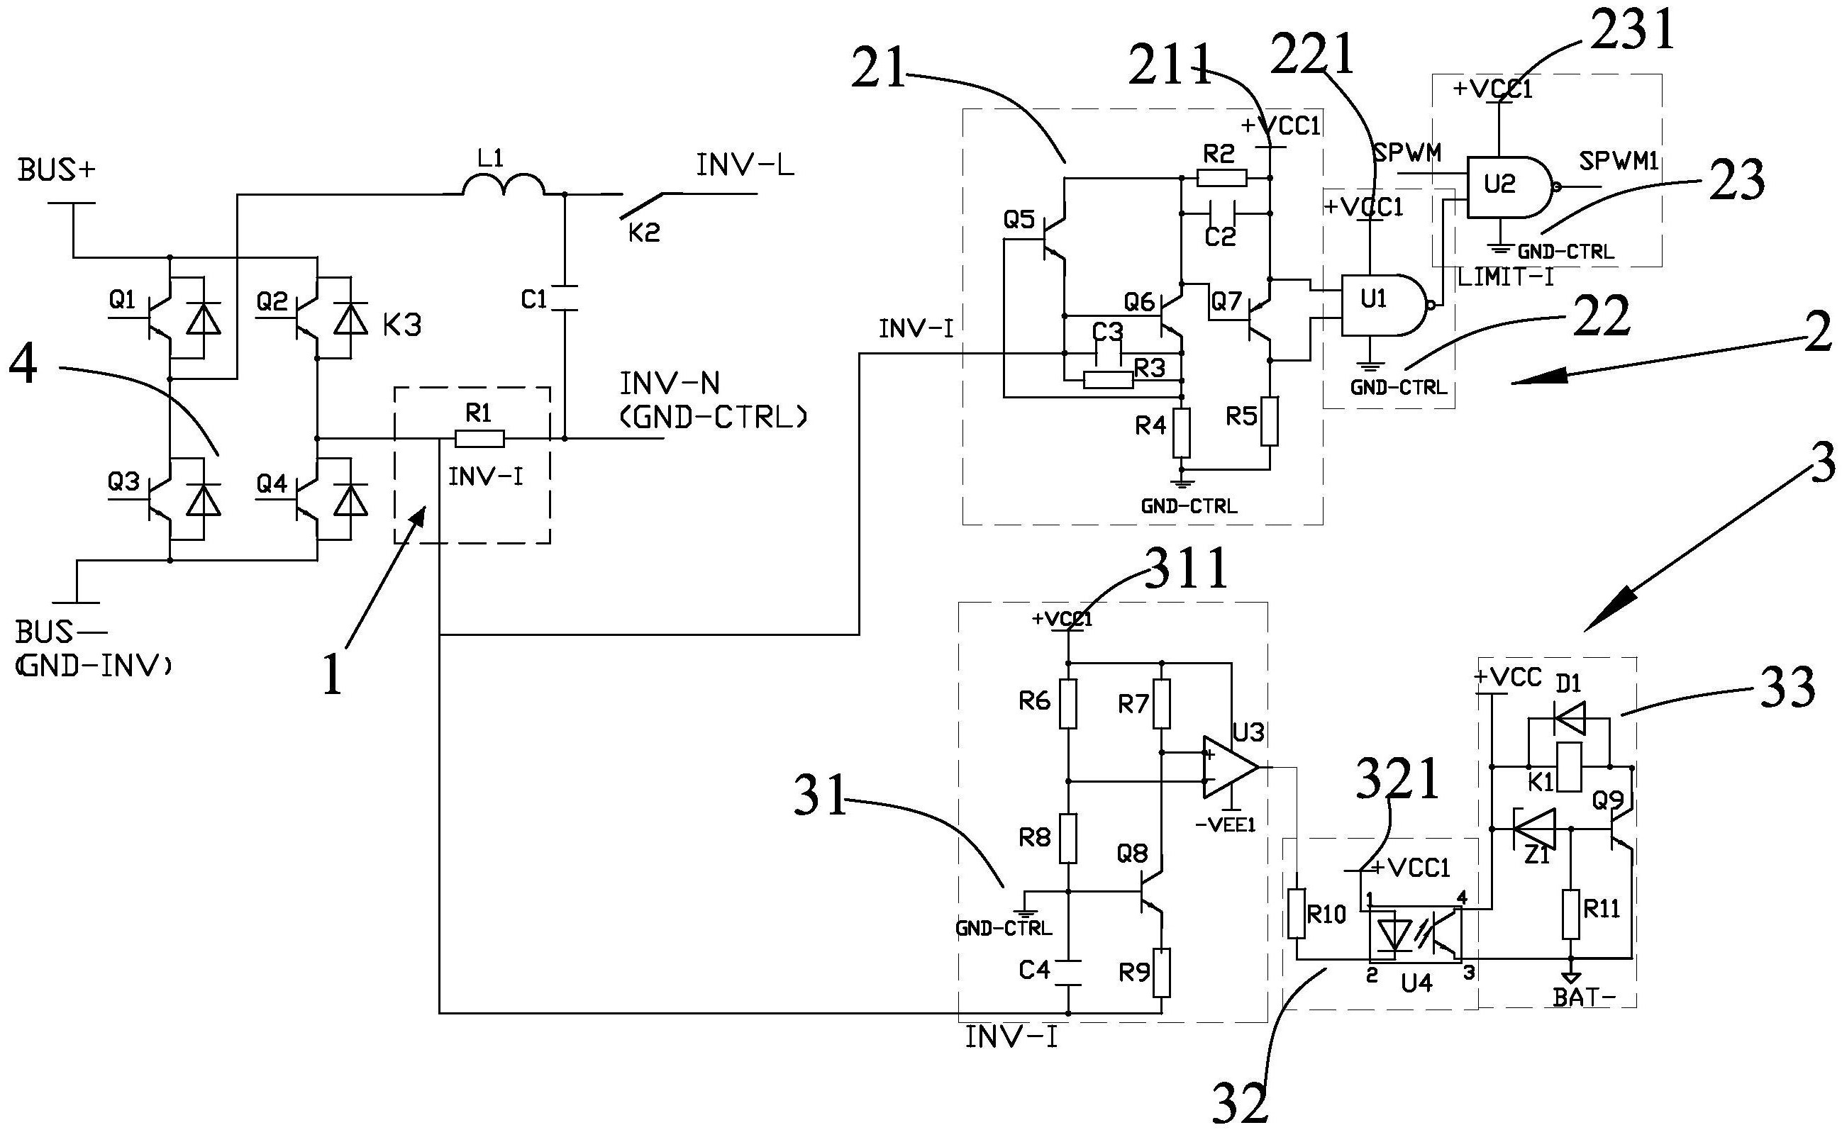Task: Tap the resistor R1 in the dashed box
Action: click(479, 439)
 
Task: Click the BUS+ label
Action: click(57, 171)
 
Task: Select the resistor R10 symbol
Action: click(1298, 913)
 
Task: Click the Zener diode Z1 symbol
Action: click(1533, 828)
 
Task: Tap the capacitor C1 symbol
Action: click(565, 298)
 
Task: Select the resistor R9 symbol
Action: click(1161, 973)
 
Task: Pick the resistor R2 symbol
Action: click(1221, 178)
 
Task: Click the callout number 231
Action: click(1631, 29)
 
